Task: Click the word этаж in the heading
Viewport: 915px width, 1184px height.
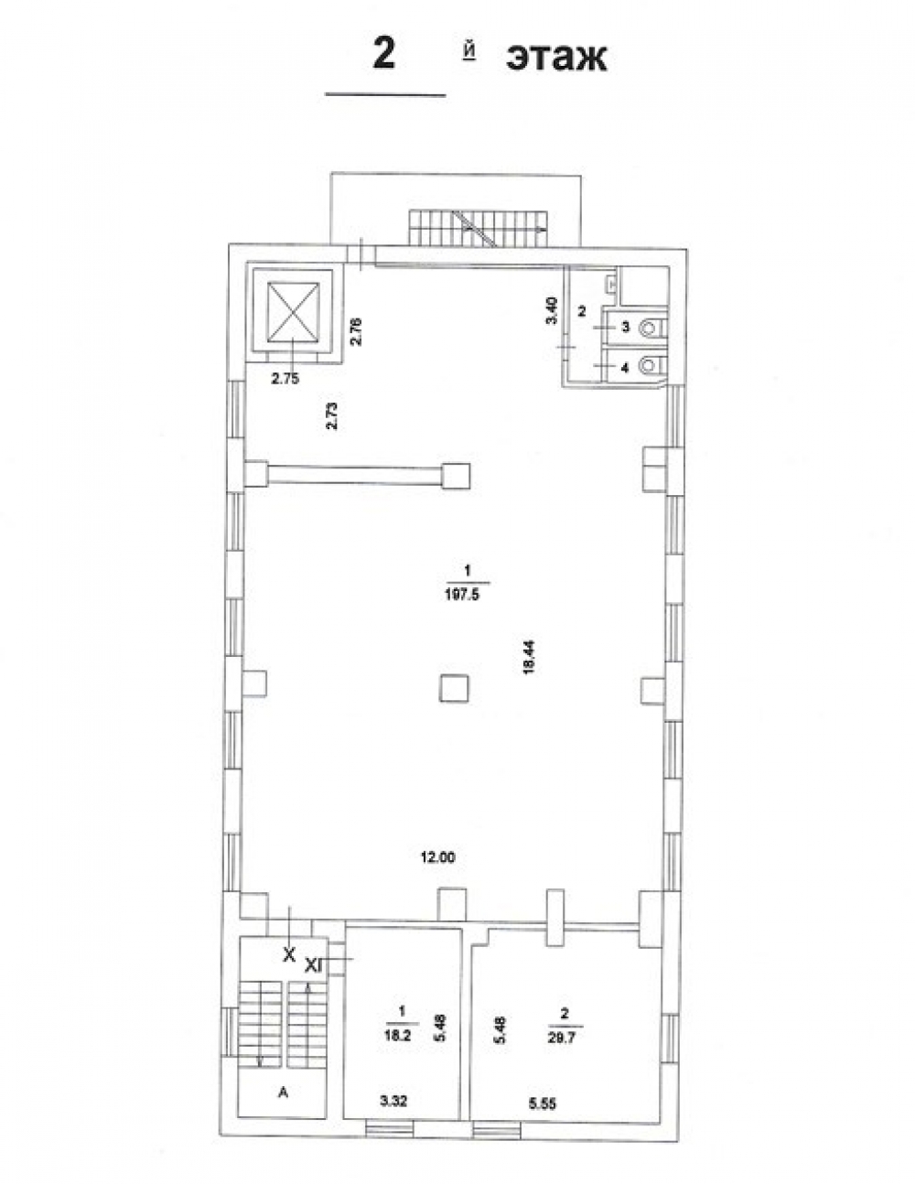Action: [x=556, y=58]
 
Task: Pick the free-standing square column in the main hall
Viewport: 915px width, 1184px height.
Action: [x=454, y=688]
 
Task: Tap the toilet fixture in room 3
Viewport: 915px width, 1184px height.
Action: [x=650, y=328]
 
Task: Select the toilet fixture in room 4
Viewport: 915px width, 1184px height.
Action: [x=650, y=364]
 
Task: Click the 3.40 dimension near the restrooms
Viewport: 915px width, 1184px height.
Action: [x=552, y=310]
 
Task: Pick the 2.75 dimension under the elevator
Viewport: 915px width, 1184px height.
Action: [x=285, y=379]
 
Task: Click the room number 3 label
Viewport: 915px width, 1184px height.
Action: [x=626, y=327]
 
